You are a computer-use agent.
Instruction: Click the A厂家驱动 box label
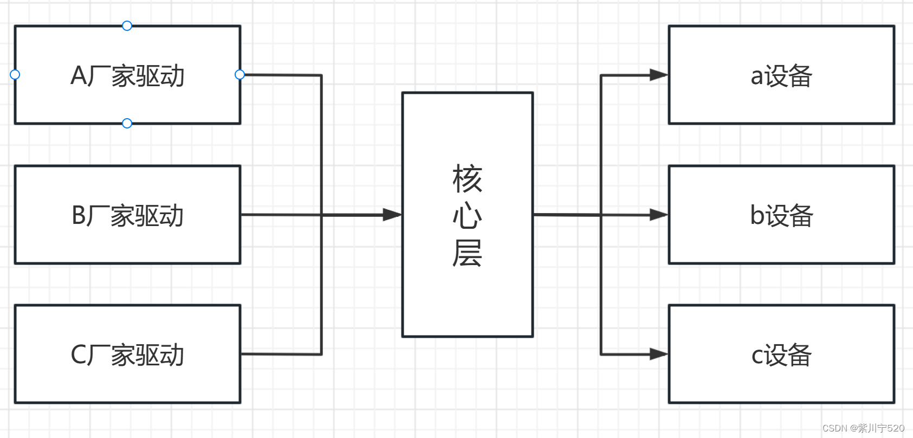tap(128, 76)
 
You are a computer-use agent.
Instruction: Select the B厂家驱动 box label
tap(128, 216)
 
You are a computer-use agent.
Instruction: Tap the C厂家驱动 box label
tap(128, 355)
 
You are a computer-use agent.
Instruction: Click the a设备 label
tap(781, 76)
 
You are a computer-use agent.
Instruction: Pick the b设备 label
tap(781, 216)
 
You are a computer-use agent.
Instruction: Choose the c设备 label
tap(781, 355)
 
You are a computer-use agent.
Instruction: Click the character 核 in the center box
tap(467, 179)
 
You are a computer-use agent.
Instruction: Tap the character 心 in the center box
tap(467, 216)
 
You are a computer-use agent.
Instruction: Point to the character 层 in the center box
tap(467, 253)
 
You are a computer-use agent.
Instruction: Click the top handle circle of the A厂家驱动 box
tap(127, 25)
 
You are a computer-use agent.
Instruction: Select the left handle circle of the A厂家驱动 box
tap(15, 74)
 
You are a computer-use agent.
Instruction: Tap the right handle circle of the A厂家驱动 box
tap(239, 74)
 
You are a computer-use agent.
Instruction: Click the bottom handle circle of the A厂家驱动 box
tap(127, 123)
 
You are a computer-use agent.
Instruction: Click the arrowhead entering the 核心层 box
tap(392, 215)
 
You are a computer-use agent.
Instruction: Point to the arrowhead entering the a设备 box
tap(659, 75)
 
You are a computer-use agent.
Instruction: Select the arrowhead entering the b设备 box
tap(659, 215)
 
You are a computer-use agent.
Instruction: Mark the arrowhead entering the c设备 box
tap(659, 354)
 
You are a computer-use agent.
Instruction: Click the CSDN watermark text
tap(863, 428)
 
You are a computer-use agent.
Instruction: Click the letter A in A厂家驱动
tap(79, 76)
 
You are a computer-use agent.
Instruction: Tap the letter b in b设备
tap(757, 215)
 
